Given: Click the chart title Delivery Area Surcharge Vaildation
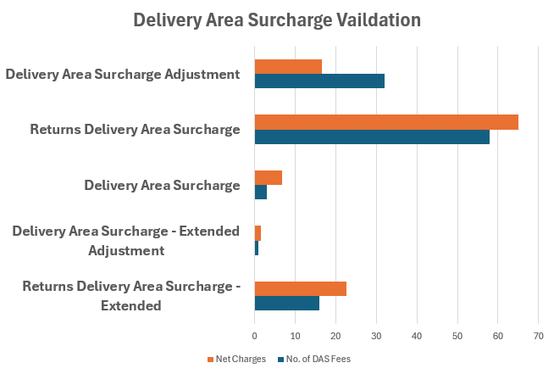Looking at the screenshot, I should (277, 19).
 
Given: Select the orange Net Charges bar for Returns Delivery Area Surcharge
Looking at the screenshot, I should (386, 122).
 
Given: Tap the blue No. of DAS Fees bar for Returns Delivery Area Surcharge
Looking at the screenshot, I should (372, 137).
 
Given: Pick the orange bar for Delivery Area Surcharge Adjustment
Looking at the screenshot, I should (288, 67).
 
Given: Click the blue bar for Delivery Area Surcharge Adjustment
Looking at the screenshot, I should (319, 81).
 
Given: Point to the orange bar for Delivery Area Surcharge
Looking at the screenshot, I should (269, 177).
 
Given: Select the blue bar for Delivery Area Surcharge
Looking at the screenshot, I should (261, 192).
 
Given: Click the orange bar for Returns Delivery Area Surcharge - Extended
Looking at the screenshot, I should (301, 288).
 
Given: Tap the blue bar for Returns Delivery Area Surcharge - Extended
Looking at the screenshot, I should (287, 303).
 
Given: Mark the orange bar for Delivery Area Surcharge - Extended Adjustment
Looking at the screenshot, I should (258, 232).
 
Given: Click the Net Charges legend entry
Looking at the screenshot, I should (236, 359).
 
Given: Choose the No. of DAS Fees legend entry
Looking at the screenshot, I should (313, 359).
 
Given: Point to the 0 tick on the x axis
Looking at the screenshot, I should (255, 337).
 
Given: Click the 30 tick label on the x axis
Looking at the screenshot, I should (376, 337).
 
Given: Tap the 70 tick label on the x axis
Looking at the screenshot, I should (538, 337).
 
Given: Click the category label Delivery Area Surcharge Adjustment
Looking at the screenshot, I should (122, 74).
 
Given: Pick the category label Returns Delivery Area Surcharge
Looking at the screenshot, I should (135, 130).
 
